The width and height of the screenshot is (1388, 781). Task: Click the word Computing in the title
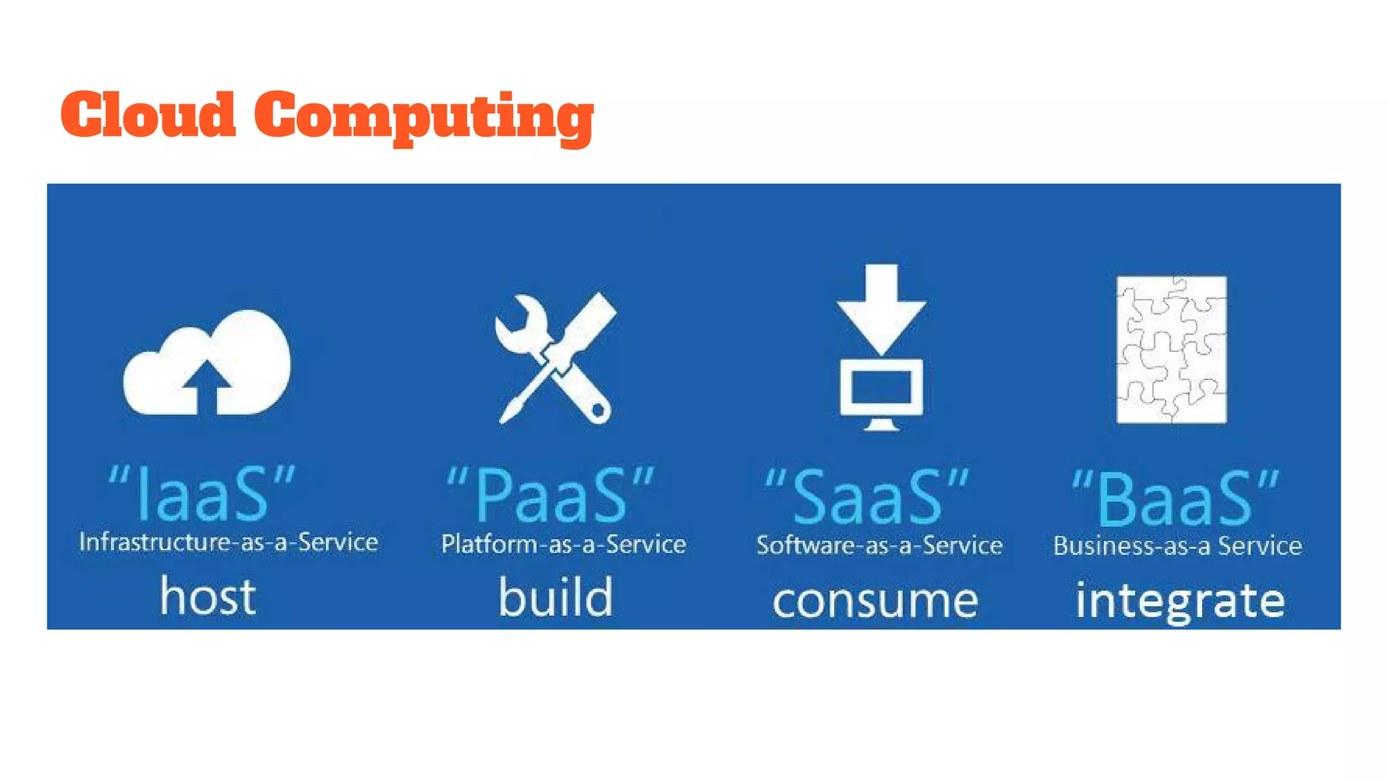[424, 117]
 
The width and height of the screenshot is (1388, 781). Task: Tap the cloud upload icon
[207, 363]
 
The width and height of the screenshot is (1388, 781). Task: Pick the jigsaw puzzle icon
[1171, 349]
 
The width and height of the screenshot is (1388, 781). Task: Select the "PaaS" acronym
[550, 496]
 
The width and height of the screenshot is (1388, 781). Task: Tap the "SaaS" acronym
[867, 498]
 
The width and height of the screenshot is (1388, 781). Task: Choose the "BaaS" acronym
[1175, 500]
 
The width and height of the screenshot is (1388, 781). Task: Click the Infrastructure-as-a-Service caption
[228, 542]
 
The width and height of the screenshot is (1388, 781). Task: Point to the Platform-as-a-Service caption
[563, 544]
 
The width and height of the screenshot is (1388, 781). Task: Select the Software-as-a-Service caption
[879, 546]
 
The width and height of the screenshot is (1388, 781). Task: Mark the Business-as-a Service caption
[1177, 546]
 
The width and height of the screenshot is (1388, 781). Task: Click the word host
[208, 597]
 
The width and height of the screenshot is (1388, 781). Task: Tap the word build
[556, 597]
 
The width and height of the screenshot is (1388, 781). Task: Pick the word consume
[875, 601]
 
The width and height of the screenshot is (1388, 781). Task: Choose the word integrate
[1180, 601]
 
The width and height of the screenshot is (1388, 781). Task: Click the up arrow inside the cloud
[207, 386]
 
